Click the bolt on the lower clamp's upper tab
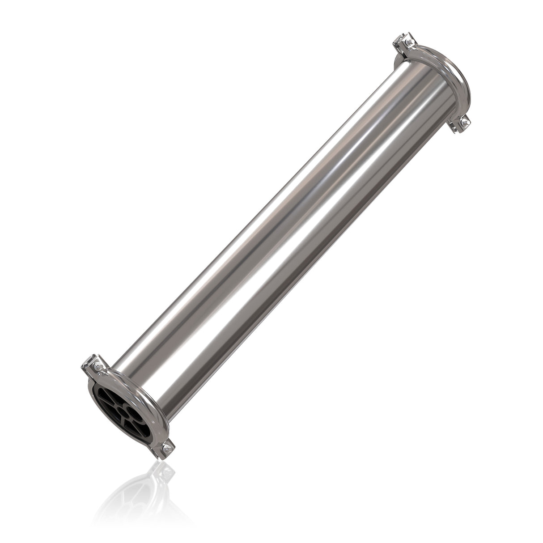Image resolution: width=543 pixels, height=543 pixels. (98, 366)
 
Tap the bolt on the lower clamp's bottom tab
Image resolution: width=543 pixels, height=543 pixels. (167, 449)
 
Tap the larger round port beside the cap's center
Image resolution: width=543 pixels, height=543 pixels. (136, 414)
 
